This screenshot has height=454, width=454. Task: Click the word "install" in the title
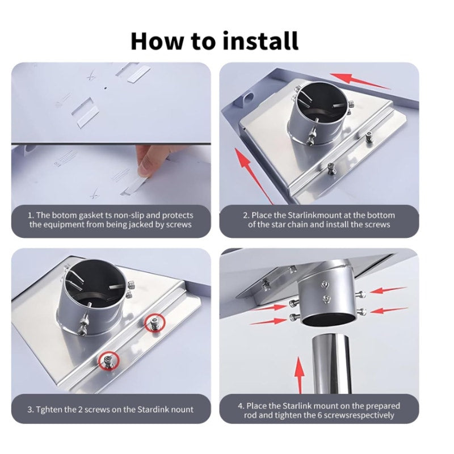pyautogui.click(x=260, y=41)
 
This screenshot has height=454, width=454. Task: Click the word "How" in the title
pyautogui.click(x=157, y=41)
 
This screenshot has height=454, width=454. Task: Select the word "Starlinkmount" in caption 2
pyautogui.click(x=315, y=216)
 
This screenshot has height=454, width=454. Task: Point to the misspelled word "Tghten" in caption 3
pyautogui.click(x=48, y=410)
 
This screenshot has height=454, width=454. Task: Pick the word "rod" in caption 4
pyautogui.click(x=250, y=415)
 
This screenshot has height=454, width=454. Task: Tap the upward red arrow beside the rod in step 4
pyautogui.click(x=299, y=375)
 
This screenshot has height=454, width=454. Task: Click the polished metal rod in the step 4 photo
pyautogui.click(x=331, y=364)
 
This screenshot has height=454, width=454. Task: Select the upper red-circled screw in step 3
pyautogui.click(x=154, y=323)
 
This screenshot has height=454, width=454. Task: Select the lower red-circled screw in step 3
pyautogui.click(x=108, y=361)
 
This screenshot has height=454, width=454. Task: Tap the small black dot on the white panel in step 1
pyautogui.click(x=106, y=88)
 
